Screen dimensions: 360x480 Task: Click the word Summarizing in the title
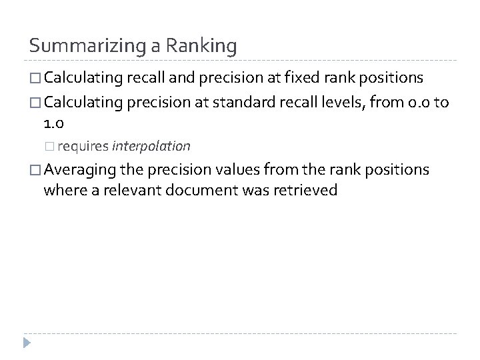pos(80,46)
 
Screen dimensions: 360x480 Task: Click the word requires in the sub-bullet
pos(88,145)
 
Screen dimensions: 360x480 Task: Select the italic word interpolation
pos(151,145)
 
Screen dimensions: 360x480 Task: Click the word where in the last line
pos(60,191)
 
